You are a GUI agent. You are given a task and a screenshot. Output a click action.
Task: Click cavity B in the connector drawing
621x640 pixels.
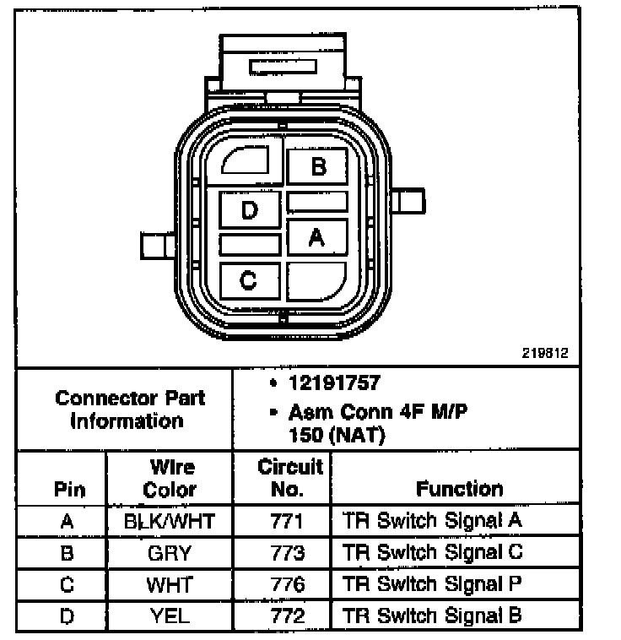(x=317, y=166)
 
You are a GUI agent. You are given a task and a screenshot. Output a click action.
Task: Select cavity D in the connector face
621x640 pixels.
(x=249, y=209)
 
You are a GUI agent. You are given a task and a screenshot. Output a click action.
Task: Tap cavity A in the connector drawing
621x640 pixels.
(x=317, y=239)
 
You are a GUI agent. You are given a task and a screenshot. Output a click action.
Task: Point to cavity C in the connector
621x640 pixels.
(x=249, y=279)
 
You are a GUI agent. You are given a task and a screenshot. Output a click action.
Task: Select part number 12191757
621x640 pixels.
(x=334, y=383)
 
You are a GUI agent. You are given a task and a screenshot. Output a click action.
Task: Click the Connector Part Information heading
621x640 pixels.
(x=129, y=409)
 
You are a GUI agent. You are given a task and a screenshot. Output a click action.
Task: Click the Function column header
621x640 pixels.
(x=459, y=488)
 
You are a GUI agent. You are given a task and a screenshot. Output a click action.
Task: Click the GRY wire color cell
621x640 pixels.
(x=170, y=553)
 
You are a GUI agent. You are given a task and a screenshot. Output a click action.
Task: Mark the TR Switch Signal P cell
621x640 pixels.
(x=432, y=584)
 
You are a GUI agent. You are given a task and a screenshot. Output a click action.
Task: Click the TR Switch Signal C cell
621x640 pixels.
(x=433, y=553)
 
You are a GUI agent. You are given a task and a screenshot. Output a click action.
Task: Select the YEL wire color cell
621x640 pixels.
(x=170, y=616)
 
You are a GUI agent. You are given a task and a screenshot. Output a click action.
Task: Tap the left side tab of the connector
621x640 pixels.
(x=157, y=247)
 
